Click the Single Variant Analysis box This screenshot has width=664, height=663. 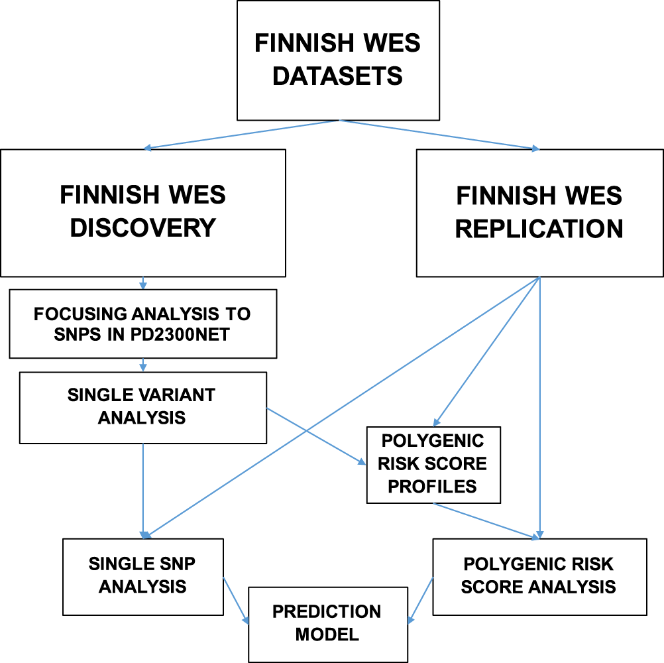coord(142,407)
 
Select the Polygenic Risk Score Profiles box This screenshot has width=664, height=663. coord(433,464)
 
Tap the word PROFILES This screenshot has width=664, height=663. coord(432,486)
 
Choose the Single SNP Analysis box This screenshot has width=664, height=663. coord(142,575)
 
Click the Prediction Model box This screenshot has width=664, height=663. coord(327,623)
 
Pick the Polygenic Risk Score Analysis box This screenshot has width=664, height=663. coord(539,575)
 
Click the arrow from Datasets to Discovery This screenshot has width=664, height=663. coord(242,135)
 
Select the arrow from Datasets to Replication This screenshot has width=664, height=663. coord(441,135)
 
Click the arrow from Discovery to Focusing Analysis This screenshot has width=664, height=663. coord(142,282)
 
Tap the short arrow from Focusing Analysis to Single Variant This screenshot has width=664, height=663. coord(142,365)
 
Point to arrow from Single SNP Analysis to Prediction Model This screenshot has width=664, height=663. coord(237,601)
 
